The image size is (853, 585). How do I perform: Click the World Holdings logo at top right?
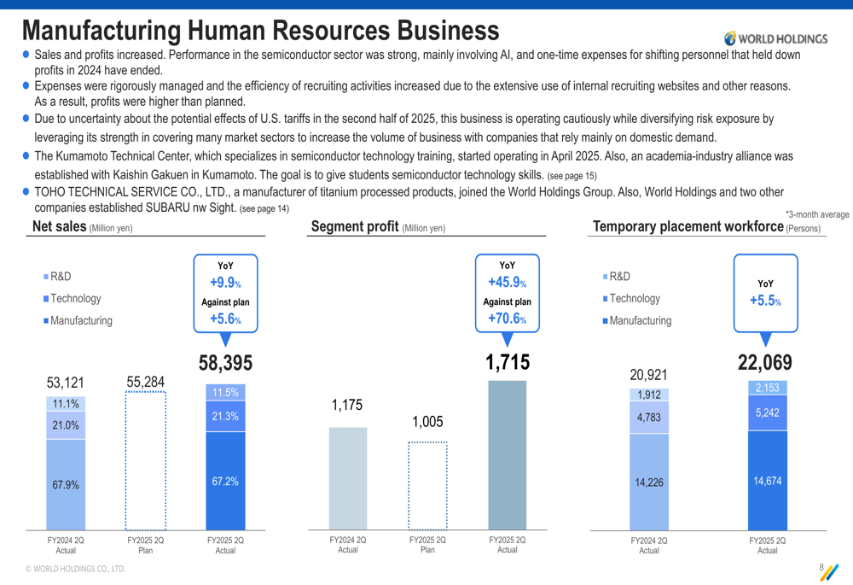click(775, 38)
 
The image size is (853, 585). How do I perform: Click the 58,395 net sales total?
click(226, 364)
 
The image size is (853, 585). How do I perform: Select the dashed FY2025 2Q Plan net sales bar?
click(146, 461)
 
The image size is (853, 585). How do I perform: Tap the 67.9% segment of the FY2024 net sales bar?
click(66, 484)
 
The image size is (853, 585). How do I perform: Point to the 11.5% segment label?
click(225, 393)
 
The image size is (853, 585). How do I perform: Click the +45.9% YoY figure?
click(507, 283)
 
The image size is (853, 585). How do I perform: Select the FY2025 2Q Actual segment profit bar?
click(508, 455)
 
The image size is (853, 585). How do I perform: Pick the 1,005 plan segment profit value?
click(427, 422)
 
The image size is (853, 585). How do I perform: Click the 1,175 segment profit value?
click(347, 406)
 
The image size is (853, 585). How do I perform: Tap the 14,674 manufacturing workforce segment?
click(768, 481)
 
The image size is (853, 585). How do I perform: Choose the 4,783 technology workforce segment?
click(649, 418)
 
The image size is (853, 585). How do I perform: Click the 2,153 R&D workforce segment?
click(768, 388)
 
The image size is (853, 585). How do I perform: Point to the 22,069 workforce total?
click(765, 363)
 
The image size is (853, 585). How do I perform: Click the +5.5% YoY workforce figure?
click(765, 301)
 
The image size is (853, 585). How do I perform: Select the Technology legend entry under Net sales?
click(75, 299)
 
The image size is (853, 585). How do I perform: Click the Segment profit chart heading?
click(356, 226)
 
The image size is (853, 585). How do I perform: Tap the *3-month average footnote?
click(816, 214)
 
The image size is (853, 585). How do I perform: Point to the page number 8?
click(821, 568)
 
